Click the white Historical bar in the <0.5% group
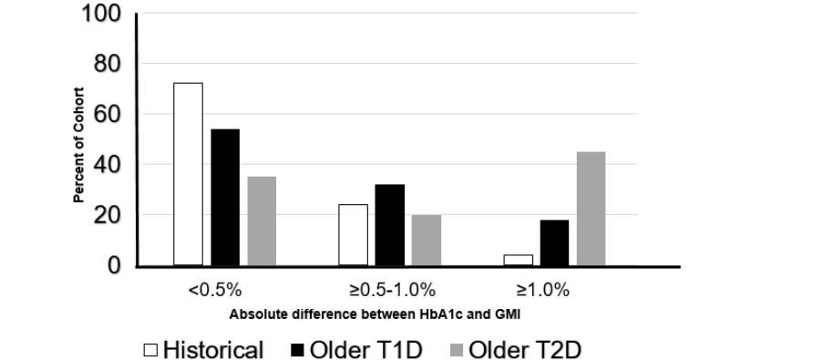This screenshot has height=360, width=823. click(x=188, y=174)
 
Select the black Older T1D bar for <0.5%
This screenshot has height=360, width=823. click(x=225, y=197)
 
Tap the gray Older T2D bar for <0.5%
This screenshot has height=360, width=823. click(x=262, y=221)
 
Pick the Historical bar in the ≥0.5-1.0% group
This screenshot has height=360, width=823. click(x=353, y=234)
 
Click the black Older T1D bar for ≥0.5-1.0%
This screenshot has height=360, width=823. click(x=389, y=224)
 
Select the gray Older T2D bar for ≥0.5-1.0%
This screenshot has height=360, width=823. click(x=426, y=240)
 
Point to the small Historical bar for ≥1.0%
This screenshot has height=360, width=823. click(x=518, y=260)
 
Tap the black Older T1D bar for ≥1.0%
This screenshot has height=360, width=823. click(x=554, y=242)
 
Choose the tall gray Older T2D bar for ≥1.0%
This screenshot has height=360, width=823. click(x=591, y=208)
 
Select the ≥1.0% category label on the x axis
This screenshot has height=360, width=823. click(x=543, y=291)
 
